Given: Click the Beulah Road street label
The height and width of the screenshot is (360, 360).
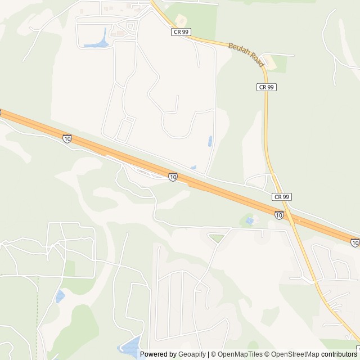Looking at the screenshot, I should (x=246, y=53).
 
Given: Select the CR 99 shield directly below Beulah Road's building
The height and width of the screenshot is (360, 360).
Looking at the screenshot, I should (x=267, y=87).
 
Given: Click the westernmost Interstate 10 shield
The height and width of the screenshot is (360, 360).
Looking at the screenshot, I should (x=67, y=138).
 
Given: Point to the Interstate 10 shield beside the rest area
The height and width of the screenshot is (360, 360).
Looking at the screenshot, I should (x=173, y=177).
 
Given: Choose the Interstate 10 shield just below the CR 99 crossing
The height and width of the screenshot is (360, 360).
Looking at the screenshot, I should (x=279, y=214).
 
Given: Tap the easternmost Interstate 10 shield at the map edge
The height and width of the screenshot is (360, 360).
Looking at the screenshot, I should (x=354, y=242).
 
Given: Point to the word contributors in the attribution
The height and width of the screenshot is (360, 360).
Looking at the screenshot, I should (x=340, y=354).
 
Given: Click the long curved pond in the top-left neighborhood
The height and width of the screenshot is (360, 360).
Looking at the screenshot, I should (x=96, y=40).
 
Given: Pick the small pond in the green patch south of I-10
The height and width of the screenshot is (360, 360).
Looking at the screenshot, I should (x=249, y=221).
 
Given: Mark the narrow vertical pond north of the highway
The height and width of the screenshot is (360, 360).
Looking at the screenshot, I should (x=210, y=141).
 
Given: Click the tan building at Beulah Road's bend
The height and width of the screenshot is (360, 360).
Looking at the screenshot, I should (x=271, y=63).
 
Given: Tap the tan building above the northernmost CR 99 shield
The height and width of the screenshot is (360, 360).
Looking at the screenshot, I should (x=181, y=20).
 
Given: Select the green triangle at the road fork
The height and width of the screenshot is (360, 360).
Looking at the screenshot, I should (x=217, y=238).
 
